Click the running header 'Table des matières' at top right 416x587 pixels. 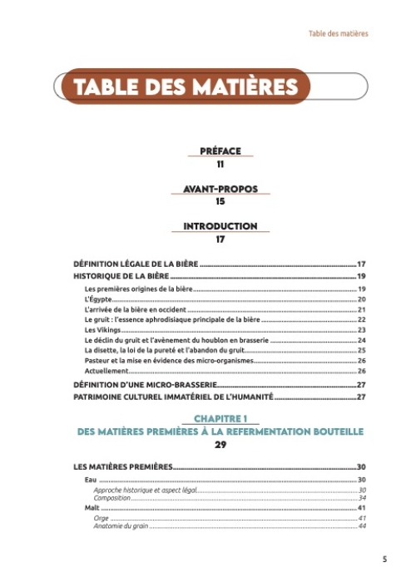click(338, 34)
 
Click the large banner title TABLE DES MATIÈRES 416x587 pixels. click(185, 86)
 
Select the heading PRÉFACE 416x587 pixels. click(220, 151)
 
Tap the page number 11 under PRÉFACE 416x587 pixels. click(220, 164)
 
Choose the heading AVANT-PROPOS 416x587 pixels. click(220, 189)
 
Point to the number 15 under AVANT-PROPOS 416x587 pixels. click(220, 201)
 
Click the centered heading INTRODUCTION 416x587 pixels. click(220, 226)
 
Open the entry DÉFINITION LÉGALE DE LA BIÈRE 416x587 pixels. click(136, 264)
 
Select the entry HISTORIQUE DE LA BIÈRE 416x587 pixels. click(121, 276)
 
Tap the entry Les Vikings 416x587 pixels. click(102, 330)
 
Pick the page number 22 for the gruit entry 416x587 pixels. click(362, 319)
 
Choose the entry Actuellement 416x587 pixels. click(106, 371)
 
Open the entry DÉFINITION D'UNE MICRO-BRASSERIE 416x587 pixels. click(146, 385)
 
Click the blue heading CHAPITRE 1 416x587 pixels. click(220, 419)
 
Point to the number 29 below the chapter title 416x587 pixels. click(220, 445)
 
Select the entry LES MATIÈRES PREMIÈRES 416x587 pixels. click(122, 467)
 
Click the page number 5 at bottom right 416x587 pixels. click(384, 560)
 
